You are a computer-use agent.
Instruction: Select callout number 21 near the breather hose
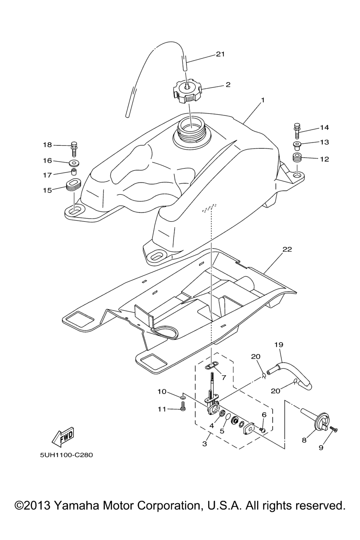tap(220, 54)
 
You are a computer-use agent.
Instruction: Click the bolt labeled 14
tap(297, 130)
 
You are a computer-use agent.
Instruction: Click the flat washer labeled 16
tap(74, 163)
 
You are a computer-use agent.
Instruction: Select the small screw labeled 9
tap(333, 429)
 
